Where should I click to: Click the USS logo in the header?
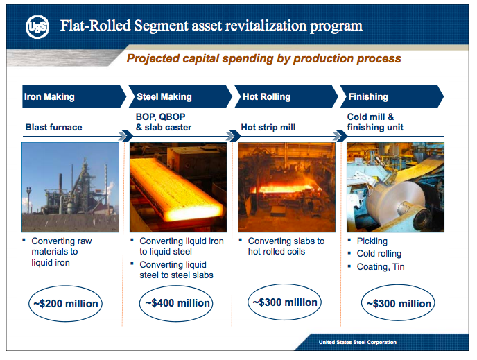[36, 27]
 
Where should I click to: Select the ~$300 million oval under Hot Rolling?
[284, 302]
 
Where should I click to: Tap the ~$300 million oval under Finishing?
[398, 304]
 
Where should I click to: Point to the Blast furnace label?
[53, 128]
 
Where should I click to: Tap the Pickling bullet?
[372, 241]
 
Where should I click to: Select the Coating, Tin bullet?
[380, 266]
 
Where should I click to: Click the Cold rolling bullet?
[379, 254]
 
